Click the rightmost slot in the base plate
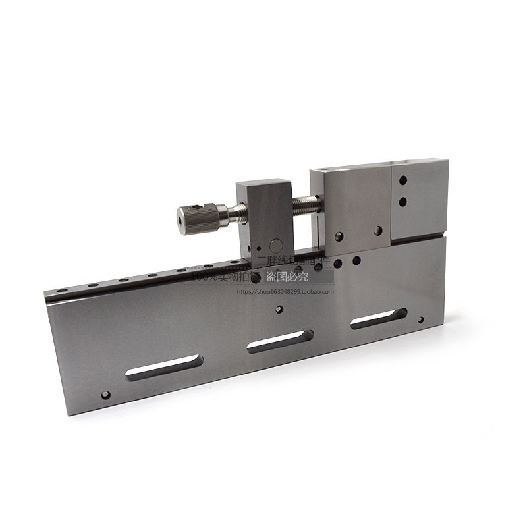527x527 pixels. click(376, 320)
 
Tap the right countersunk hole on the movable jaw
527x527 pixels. click(377, 230)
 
